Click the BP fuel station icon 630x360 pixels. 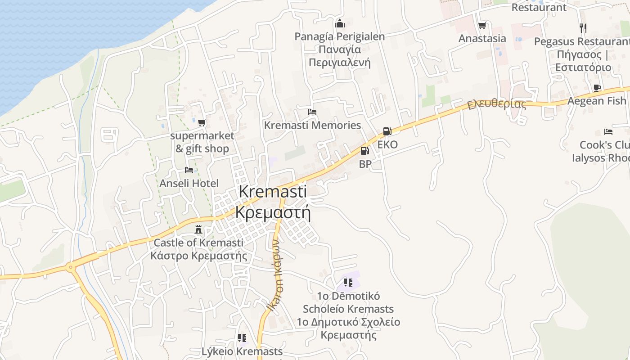point(365,150)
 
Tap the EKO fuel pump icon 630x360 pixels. point(387,131)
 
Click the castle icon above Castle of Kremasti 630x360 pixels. point(198,229)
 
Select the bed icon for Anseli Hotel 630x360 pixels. point(189,170)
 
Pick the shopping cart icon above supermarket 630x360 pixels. point(202,122)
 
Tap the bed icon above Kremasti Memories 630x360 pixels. point(312,112)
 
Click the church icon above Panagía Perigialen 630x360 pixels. point(340,23)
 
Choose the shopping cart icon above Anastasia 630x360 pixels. point(482,26)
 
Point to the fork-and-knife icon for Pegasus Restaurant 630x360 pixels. point(583,28)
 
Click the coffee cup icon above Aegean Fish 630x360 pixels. point(597,88)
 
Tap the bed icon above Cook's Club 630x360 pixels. point(608,132)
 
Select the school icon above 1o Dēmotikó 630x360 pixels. point(348,283)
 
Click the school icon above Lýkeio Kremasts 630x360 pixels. point(242,338)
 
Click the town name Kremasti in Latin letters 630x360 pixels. point(273,191)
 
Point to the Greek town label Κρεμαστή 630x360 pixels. point(273,212)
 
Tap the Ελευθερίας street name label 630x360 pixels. point(496,104)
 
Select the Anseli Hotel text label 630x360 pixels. point(189,184)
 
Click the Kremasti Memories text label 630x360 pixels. point(312,125)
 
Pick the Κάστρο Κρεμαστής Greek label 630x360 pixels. point(199,256)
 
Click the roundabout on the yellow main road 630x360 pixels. point(71,267)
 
